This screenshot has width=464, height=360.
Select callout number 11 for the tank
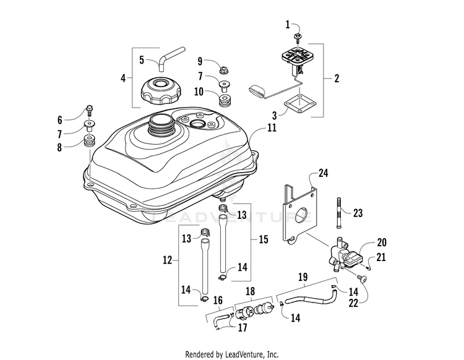[272, 128]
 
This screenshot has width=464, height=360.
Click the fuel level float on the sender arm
[257, 90]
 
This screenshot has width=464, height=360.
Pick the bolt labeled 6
[89, 110]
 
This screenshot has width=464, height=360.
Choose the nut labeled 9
[224, 71]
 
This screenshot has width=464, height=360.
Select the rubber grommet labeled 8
[88, 141]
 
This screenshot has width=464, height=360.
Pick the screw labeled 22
[362, 278]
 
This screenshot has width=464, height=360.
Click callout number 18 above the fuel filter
[251, 291]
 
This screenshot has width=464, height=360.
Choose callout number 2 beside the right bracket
[337, 79]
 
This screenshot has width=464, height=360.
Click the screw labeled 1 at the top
[296, 36]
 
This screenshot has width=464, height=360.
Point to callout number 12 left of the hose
[167, 260]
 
